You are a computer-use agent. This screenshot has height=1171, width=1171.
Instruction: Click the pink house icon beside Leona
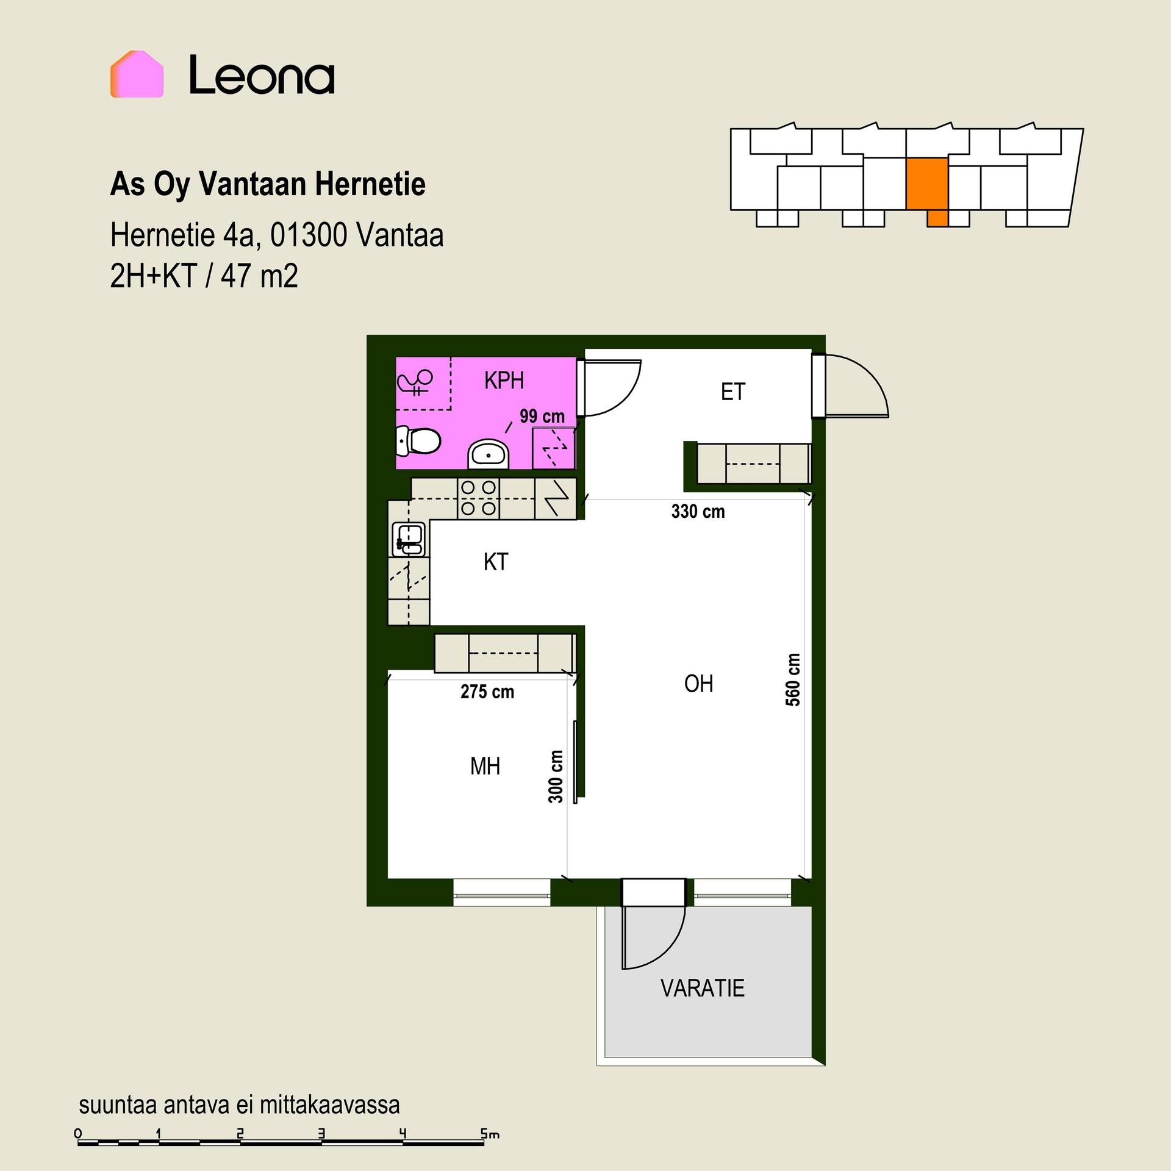coord(137,74)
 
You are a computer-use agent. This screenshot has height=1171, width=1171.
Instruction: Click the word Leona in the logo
coord(262,75)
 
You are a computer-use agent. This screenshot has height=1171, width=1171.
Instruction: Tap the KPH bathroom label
coord(504,381)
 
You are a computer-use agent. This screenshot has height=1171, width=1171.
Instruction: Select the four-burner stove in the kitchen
coord(478,498)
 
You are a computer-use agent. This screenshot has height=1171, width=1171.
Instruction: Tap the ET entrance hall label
coord(732,392)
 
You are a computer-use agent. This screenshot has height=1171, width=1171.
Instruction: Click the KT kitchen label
coord(495,562)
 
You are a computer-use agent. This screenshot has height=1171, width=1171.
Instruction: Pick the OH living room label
coord(698,684)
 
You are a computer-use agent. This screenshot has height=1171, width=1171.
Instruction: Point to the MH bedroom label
coord(485,766)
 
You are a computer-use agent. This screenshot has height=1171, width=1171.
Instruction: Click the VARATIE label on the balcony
coord(703,988)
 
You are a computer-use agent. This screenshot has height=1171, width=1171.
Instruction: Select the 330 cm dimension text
coord(698,511)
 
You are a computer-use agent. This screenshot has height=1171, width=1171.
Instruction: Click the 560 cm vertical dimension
coord(792,679)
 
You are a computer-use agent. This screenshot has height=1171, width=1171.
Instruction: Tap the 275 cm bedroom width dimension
coord(487,692)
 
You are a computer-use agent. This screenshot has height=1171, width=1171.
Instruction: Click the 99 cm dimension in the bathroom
coord(542,417)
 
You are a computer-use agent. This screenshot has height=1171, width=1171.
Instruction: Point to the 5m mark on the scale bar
coord(490,1134)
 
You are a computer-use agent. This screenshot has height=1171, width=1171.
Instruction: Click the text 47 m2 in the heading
coord(259,276)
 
